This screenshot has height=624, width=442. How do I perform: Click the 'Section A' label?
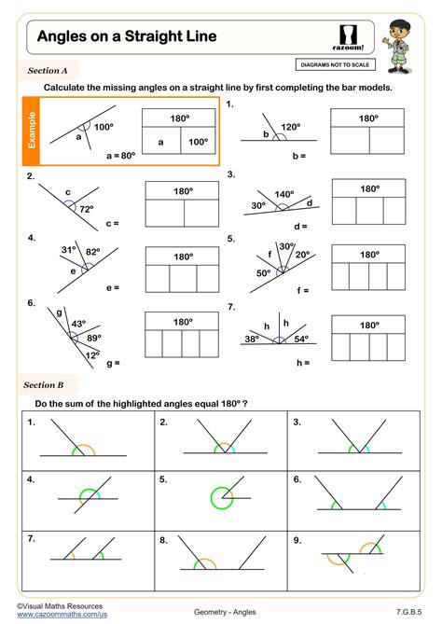48,70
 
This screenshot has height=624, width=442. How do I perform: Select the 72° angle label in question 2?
87,210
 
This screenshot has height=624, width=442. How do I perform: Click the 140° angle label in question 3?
283,194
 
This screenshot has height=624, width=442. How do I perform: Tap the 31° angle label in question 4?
68,250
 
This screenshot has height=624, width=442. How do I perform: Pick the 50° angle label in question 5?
264,272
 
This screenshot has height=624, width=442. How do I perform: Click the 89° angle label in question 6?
93,338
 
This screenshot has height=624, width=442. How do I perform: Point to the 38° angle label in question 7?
251,340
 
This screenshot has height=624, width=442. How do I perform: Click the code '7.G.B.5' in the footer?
408,611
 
